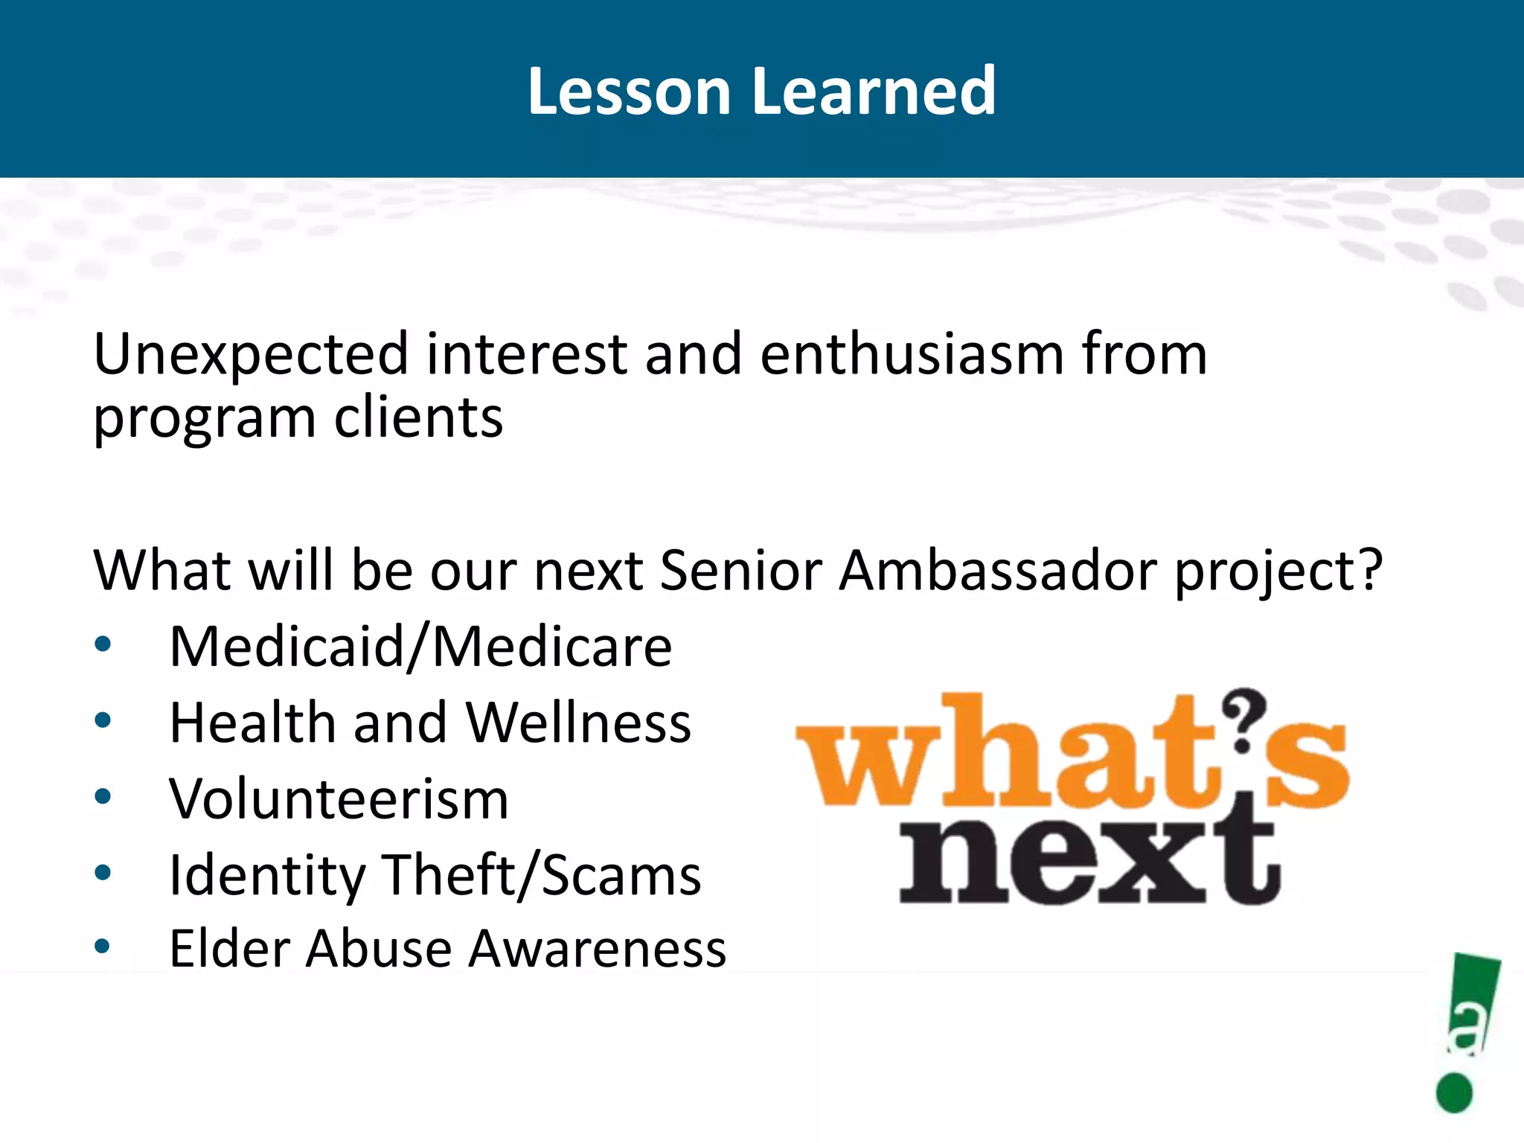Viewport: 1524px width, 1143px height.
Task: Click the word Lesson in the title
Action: click(630, 92)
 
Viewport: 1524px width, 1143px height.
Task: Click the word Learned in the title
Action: click(874, 92)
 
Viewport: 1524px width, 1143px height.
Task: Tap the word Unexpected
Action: click(251, 355)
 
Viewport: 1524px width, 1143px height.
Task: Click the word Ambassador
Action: click(998, 571)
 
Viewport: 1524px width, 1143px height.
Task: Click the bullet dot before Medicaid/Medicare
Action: click(103, 644)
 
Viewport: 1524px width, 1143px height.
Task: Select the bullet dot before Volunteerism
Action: click(103, 797)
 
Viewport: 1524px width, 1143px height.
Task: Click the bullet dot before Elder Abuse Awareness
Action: click(103, 947)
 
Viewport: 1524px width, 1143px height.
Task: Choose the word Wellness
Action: click(578, 723)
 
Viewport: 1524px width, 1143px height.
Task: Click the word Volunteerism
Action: click(339, 799)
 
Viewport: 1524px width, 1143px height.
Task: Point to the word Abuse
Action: click(379, 949)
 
